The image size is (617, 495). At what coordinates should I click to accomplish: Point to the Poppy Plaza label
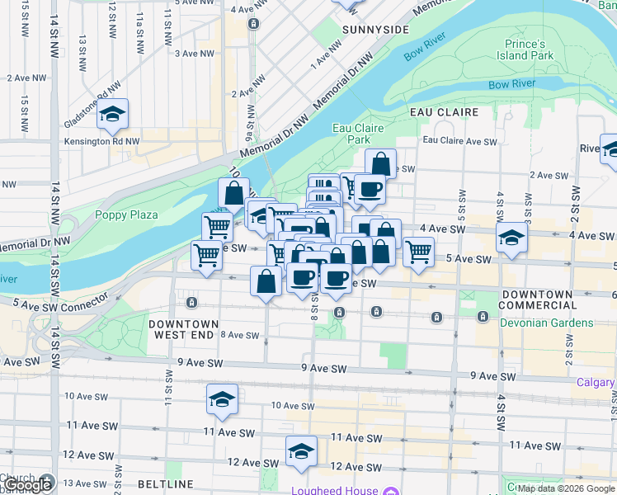click(x=126, y=214)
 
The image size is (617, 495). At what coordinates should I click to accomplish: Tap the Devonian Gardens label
click(x=546, y=323)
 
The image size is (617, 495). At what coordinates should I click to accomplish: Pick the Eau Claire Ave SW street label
click(x=459, y=141)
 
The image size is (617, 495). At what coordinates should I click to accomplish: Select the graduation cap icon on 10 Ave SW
click(x=222, y=399)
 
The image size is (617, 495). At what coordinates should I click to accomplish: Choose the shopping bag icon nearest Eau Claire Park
click(x=380, y=163)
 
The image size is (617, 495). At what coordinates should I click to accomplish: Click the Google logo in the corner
click(x=28, y=485)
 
